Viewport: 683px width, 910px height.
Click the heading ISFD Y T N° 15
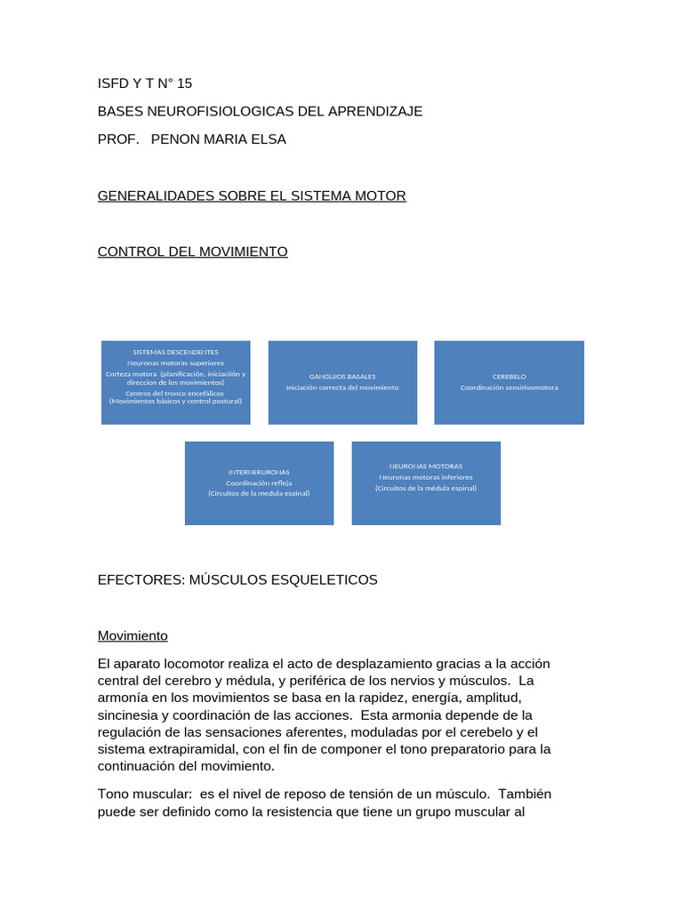coord(144,84)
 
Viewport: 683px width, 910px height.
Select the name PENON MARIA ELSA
coord(220,139)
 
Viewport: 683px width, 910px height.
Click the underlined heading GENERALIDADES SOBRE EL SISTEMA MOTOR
coord(252,196)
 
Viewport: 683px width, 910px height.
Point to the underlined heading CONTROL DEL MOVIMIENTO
coord(192,251)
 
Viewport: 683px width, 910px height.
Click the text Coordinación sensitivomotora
coord(509,387)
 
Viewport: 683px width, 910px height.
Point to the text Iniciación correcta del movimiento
coord(342,387)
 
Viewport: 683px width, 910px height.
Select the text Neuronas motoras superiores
coord(175,363)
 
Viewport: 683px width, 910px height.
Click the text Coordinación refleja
coord(259,483)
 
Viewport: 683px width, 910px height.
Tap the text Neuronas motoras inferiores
coord(426,476)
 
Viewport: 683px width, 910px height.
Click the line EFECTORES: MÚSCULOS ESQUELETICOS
coord(237,579)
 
